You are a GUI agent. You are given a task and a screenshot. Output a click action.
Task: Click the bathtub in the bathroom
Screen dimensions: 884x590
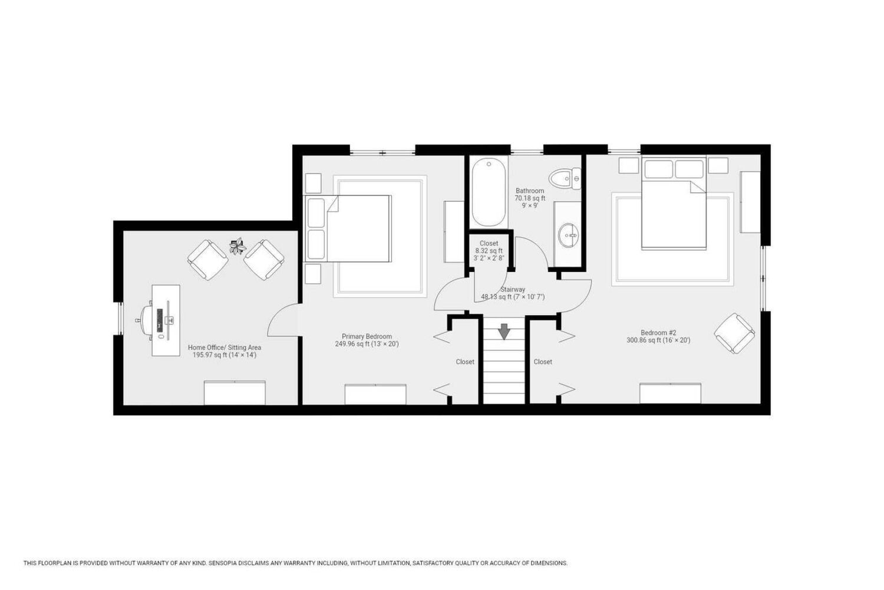tap(489, 192)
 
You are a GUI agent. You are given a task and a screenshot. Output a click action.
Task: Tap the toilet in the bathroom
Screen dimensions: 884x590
tap(565, 179)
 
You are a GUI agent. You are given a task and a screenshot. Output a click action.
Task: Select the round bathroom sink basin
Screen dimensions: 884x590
tap(569, 235)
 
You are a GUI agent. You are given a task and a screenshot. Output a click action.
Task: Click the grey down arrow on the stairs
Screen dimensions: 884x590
tap(503, 331)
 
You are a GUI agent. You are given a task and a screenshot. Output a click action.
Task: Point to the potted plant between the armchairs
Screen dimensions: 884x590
tap(238, 247)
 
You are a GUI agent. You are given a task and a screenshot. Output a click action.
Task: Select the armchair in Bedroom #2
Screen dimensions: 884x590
tap(734, 333)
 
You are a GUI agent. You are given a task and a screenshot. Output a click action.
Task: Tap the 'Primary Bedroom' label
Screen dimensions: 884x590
tap(367, 336)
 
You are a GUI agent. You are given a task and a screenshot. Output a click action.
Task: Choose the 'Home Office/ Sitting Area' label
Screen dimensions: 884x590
tap(224, 348)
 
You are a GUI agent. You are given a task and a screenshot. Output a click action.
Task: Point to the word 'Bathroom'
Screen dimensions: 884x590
tap(530, 191)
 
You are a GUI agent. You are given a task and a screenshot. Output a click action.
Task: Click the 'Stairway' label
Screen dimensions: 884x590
tap(513, 289)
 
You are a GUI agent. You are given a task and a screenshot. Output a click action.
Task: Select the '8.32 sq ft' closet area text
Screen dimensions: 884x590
tap(489, 251)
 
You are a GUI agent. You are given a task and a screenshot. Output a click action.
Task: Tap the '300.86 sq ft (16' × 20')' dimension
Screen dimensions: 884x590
tap(658, 340)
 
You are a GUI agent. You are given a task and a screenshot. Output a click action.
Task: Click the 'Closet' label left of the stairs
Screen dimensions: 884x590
tap(465, 362)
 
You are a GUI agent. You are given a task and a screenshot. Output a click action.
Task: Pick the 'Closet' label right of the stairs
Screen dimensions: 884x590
tap(543, 362)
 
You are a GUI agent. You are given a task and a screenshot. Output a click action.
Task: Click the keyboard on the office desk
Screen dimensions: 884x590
tap(160, 320)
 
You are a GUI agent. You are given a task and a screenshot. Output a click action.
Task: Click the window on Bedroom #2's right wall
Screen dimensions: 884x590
tap(764, 278)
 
